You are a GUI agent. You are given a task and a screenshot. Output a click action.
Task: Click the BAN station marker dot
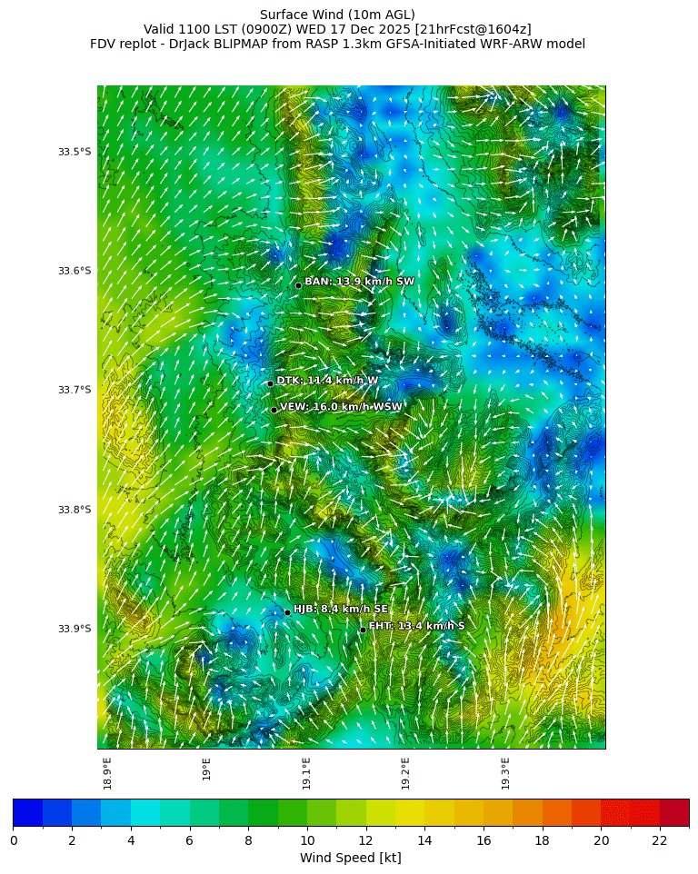[x=298, y=285]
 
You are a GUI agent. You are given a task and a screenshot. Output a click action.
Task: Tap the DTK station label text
[x=327, y=381]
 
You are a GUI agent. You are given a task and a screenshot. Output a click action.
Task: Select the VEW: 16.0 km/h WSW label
[x=340, y=407]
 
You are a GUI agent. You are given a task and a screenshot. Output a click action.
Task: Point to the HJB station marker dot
[x=287, y=612]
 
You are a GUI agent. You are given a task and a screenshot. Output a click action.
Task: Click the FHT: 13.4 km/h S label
[x=416, y=626]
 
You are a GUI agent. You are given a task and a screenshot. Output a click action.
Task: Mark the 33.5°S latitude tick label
[x=75, y=152]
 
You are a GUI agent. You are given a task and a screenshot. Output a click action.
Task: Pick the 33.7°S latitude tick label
[x=75, y=390]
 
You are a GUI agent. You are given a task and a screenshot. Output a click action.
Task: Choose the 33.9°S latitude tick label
[x=75, y=629]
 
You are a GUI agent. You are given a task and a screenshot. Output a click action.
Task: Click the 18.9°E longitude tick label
[x=107, y=773]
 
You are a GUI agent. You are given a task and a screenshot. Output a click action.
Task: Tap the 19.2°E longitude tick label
[x=405, y=773]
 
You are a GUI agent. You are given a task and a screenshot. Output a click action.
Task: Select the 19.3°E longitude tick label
[x=505, y=773]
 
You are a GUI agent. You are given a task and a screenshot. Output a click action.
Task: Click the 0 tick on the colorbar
[x=14, y=840]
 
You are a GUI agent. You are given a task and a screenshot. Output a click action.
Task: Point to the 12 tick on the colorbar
[x=366, y=840]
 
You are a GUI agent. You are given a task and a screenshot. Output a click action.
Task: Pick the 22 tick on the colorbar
[x=660, y=840]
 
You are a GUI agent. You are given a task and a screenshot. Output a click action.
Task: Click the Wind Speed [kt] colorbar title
[x=350, y=858]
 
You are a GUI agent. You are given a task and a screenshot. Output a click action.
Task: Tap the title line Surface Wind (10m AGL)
[x=337, y=15]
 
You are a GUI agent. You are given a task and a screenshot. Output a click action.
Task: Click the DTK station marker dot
[x=270, y=383]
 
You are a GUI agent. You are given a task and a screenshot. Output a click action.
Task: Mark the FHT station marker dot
[x=363, y=630]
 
